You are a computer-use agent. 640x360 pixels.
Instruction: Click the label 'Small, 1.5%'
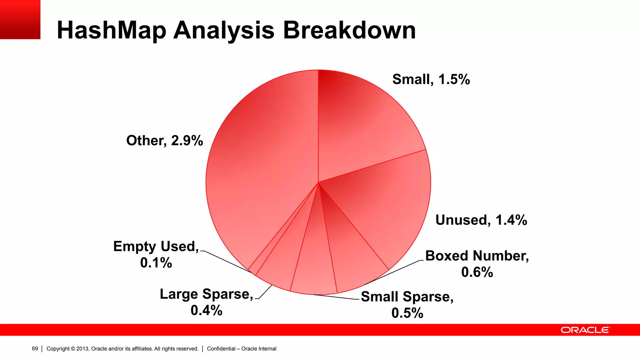click(x=431, y=79)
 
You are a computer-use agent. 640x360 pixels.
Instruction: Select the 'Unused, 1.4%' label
click(x=481, y=220)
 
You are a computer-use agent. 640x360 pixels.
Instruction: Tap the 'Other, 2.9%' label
click(x=164, y=141)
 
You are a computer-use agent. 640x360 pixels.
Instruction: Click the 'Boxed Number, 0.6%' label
click(x=477, y=264)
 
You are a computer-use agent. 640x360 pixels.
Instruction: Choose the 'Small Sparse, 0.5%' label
click(x=407, y=304)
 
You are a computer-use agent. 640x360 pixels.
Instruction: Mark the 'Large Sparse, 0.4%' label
click(x=206, y=302)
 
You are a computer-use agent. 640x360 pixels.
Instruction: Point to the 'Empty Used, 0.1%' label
click(x=156, y=254)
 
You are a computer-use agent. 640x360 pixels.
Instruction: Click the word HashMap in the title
click(x=112, y=30)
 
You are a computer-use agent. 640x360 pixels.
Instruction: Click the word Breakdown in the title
click(x=349, y=30)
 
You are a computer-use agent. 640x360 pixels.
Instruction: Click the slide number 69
click(x=35, y=348)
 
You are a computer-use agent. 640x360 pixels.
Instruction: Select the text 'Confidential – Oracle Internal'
click(x=242, y=348)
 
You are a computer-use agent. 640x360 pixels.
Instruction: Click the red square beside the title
click(x=20, y=19)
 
